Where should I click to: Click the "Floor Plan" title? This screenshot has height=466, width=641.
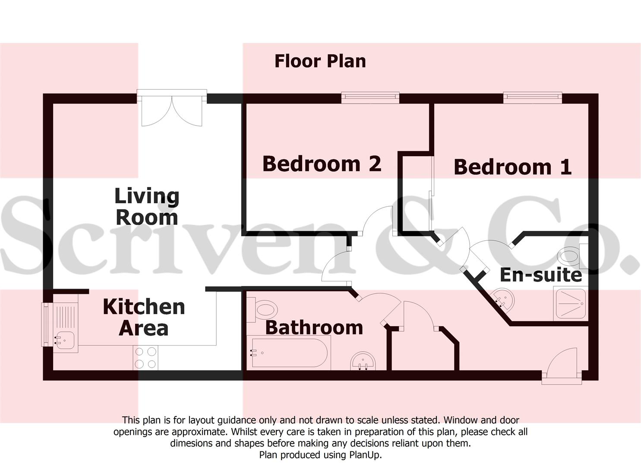point(320,61)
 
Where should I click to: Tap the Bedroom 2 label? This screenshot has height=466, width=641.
point(322,164)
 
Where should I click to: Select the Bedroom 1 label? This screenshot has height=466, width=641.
point(512,167)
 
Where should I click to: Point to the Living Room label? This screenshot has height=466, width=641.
point(147,207)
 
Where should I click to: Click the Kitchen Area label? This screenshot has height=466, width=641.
point(144,318)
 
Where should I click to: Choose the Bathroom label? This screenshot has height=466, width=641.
point(314,327)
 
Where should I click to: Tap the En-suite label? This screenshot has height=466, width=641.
point(540,275)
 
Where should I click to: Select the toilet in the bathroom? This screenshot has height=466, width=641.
point(264,310)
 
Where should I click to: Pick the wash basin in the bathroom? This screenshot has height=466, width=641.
point(363,361)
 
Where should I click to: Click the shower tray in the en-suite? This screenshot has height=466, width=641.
point(570,304)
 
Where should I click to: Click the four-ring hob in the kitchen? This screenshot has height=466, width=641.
point(145,358)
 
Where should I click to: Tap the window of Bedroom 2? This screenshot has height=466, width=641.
point(370,98)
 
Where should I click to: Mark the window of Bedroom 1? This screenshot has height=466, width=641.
point(532,98)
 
